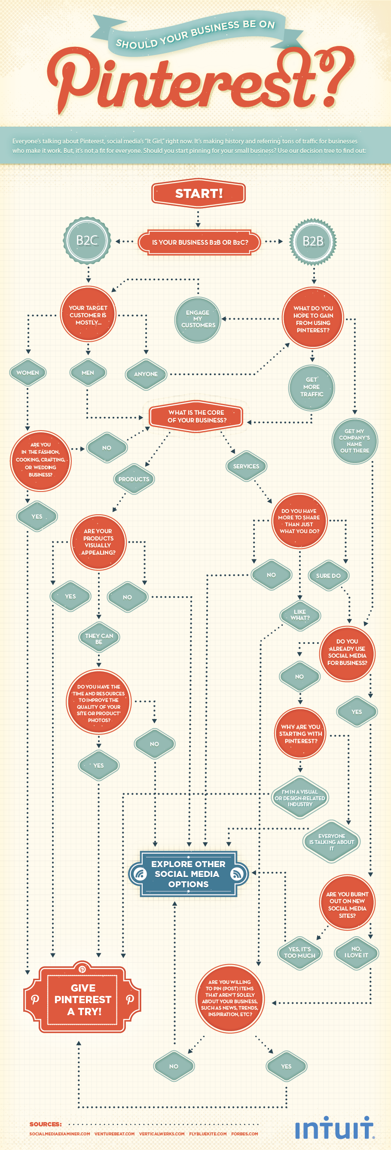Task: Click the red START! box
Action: (199, 193)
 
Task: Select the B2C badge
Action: (87, 241)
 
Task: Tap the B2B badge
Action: (313, 241)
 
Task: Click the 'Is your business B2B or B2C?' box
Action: (199, 243)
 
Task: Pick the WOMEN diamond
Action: (27, 373)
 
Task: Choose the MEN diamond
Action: (88, 373)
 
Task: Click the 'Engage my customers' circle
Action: (198, 319)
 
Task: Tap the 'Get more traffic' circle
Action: (312, 387)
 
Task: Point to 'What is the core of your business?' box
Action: (197, 416)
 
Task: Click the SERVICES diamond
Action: (246, 467)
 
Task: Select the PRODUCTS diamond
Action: (134, 479)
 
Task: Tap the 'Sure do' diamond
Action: (328, 576)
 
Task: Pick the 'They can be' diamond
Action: (99, 638)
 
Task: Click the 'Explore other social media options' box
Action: (188, 874)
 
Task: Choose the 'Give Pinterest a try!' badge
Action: (82, 1000)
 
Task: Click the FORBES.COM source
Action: (244, 1134)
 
